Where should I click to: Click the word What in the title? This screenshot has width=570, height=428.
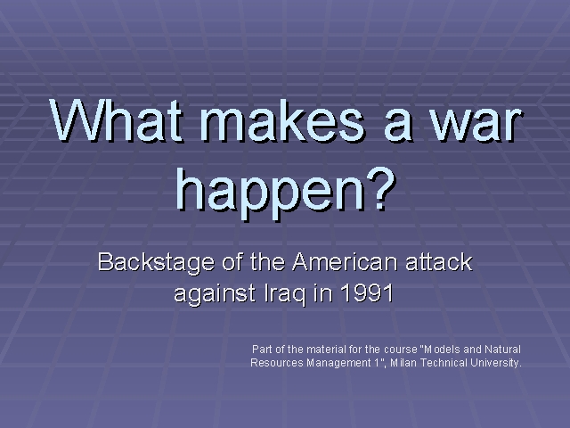coord(116,120)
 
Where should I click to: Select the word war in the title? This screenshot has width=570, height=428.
coord(478,125)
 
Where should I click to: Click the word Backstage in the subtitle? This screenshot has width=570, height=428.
coord(156,261)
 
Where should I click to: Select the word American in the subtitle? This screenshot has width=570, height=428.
coord(345,261)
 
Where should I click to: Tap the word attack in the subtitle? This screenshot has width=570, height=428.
coord(438,262)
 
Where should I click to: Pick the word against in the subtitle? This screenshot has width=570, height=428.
coord(215,293)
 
